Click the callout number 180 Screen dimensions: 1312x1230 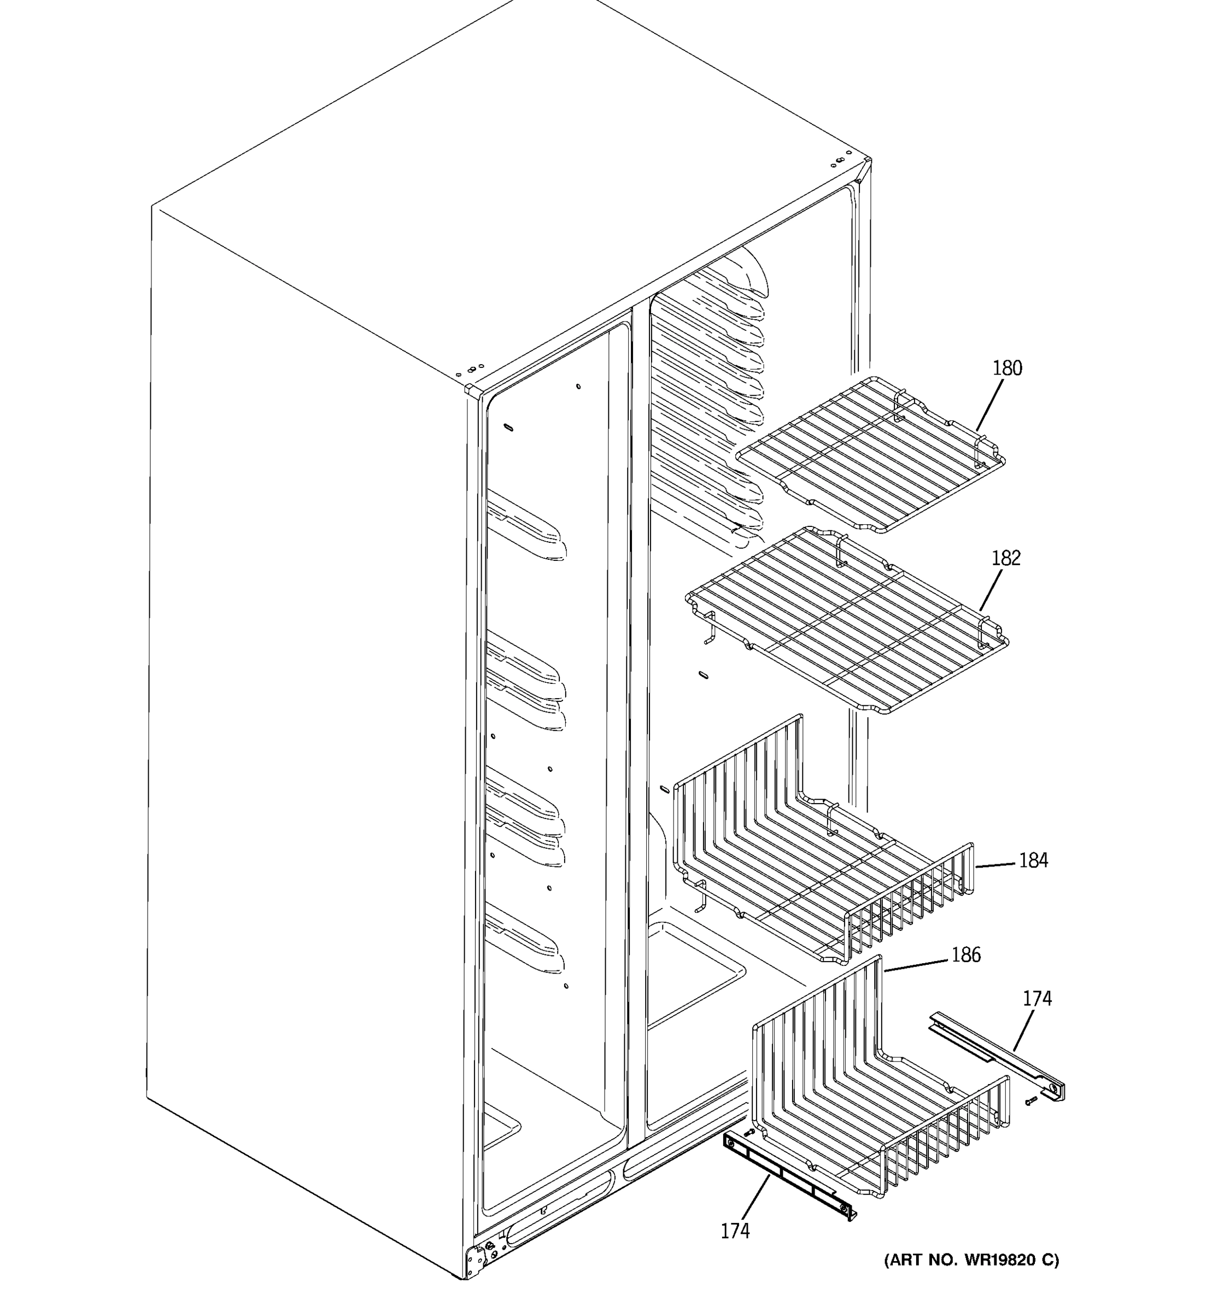coord(1007,368)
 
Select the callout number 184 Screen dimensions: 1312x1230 coord(1033,860)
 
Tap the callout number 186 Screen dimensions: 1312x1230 coord(966,955)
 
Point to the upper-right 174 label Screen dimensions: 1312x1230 coord(1038,999)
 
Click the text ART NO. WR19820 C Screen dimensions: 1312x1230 coord(971,1261)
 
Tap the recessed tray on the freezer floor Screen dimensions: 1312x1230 coord(693,970)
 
